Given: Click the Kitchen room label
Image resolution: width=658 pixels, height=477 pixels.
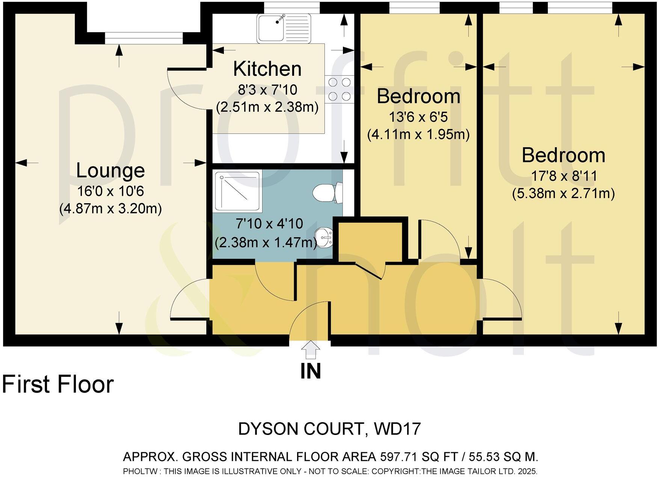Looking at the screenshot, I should [x=267, y=69].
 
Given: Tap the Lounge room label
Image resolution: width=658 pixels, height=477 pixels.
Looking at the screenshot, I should [x=110, y=171].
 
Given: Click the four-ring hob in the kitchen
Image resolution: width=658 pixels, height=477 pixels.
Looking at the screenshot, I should [x=340, y=89].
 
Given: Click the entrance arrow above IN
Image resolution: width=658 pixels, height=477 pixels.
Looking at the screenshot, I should [x=311, y=351].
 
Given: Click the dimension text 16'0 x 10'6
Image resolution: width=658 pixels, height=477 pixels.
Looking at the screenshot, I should [x=110, y=192].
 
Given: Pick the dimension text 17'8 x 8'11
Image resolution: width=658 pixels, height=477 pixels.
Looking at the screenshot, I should [x=564, y=176].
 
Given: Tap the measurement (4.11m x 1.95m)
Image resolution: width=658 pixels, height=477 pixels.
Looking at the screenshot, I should [x=418, y=134].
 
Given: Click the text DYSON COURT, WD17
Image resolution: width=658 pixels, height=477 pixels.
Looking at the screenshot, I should [x=329, y=429].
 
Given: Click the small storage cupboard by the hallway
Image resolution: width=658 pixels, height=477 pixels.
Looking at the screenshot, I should [x=371, y=240].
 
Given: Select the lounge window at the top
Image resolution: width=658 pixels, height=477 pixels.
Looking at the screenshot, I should [x=143, y=38].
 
